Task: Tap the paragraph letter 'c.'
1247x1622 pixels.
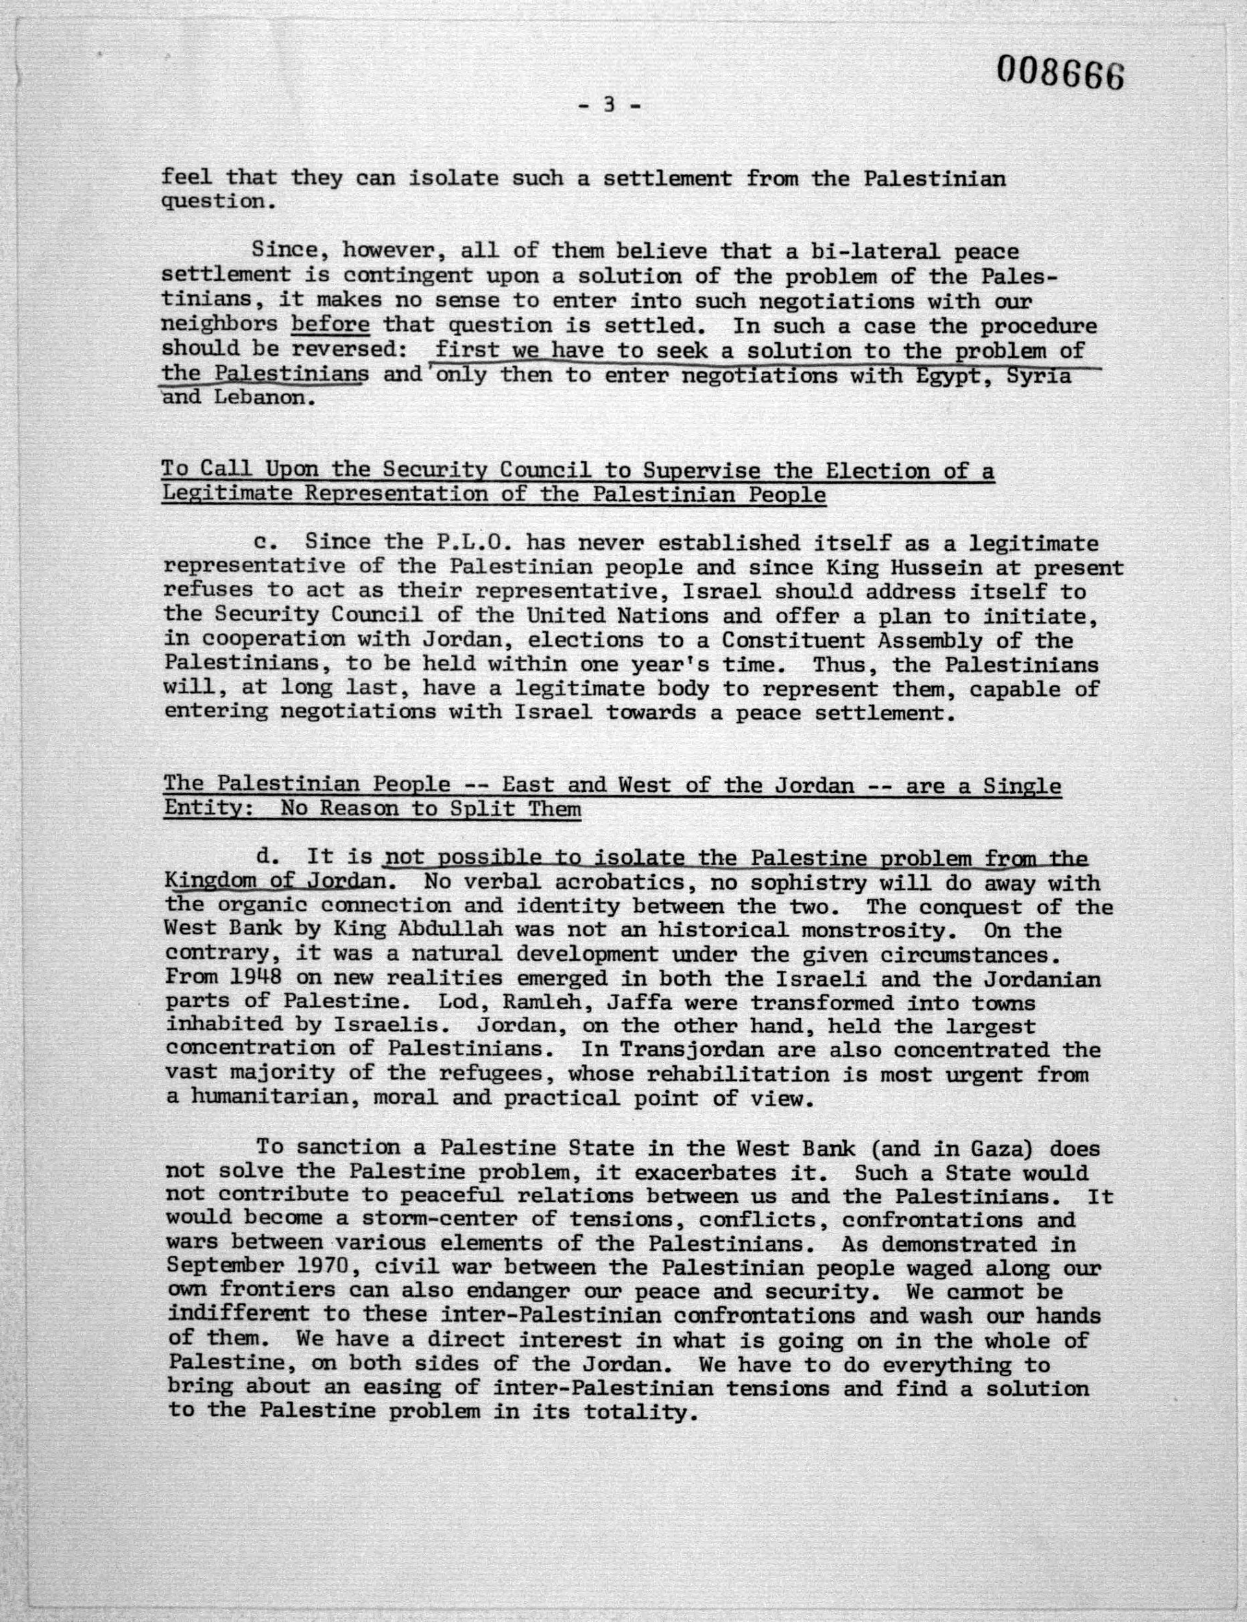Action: click(x=265, y=542)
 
